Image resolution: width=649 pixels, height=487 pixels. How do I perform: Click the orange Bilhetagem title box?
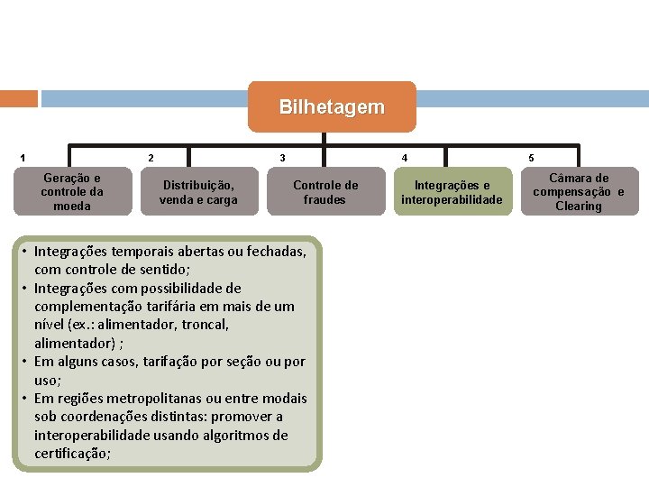[331, 107]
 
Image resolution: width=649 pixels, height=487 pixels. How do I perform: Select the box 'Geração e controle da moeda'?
[72, 192]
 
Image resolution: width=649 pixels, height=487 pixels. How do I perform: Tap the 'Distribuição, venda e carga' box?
[198, 192]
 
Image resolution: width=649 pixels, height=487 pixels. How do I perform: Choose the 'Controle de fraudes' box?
[324, 192]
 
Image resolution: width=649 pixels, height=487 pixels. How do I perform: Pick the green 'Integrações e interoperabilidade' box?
[452, 192]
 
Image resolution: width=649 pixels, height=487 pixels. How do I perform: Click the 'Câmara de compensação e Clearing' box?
[578, 192]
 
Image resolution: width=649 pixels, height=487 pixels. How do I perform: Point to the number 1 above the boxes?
[23, 159]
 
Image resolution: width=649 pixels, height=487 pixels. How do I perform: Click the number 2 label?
[151, 159]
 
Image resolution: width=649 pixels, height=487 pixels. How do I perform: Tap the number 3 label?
[282, 159]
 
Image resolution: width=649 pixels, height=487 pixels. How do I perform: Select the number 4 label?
[404, 159]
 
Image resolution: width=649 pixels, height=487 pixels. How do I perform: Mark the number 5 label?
[531, 159]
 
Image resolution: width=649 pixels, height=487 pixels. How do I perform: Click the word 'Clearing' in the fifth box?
[578, 207]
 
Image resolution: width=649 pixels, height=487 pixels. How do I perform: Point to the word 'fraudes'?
[324, 200]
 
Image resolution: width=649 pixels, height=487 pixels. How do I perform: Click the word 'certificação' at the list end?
[71, 454]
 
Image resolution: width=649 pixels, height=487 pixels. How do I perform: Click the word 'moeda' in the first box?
[72, 207]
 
